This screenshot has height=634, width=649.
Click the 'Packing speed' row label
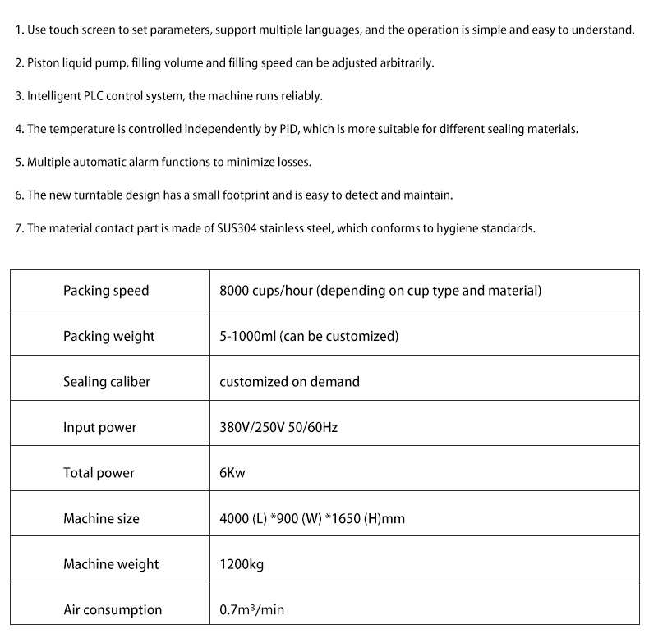106,291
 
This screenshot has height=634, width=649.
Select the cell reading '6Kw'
232,473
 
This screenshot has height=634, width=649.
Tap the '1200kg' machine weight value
242,564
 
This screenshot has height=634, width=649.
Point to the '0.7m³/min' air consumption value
251,609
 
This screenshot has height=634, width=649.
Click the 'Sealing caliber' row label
107,382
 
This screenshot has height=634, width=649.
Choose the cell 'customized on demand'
289,382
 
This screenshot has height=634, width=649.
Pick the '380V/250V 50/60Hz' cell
278,427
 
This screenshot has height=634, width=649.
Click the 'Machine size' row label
101,518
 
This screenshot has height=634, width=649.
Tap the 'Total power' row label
99,473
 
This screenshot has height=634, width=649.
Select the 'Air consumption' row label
113,609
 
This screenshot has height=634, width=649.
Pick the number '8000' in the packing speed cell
234,291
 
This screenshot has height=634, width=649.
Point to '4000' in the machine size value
234,518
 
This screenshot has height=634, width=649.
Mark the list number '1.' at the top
19,30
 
